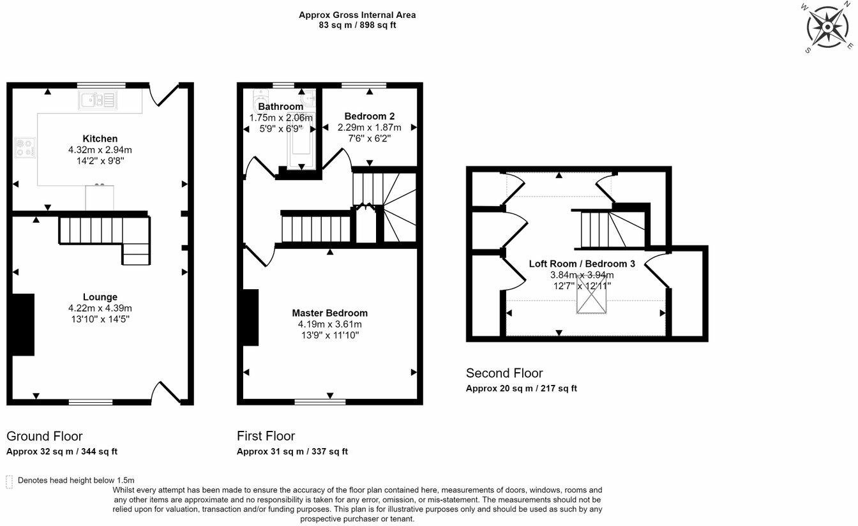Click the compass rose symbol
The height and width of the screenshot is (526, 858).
point(827,27)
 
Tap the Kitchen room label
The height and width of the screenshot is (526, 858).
point(100,139)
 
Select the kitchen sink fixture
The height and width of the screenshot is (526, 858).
point(98,100)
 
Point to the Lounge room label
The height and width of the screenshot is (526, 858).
point(100,297)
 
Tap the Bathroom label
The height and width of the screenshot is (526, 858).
point(280,107)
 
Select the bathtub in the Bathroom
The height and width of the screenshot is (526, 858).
point(301,141)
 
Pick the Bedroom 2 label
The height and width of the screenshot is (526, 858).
point(369,116)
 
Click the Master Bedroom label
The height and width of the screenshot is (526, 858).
point(330,313)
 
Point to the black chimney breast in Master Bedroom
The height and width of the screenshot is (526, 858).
point(250,317)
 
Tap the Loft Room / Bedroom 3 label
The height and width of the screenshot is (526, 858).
point(582,264)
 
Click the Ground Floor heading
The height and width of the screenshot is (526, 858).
point(45,436)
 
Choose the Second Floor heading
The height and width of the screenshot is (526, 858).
point(504,373)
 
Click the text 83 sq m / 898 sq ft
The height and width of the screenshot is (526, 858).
point(357,26)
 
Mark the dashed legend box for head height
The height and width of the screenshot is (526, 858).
point(9,482)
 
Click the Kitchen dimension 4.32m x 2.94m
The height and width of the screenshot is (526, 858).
point(100,150)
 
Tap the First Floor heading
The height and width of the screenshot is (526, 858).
point(266,436)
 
